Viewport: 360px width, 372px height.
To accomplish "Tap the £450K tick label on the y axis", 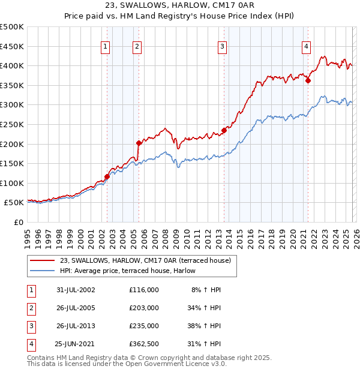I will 12,46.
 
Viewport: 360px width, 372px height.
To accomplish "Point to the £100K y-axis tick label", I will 12,184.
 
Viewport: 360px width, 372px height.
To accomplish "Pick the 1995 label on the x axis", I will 27,234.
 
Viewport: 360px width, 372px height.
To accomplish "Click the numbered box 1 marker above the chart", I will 106,47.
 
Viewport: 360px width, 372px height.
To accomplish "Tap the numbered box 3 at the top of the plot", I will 222,47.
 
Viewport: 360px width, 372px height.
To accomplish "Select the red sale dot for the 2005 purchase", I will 139,143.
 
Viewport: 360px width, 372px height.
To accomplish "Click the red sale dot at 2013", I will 224,130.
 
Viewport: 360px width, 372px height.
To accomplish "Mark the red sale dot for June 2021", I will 308,80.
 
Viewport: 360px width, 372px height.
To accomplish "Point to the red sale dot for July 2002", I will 107,176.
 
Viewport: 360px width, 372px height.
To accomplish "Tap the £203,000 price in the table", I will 143,308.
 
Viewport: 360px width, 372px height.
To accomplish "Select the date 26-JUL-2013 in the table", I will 76,326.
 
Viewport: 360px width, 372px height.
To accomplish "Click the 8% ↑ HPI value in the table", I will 206,290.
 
